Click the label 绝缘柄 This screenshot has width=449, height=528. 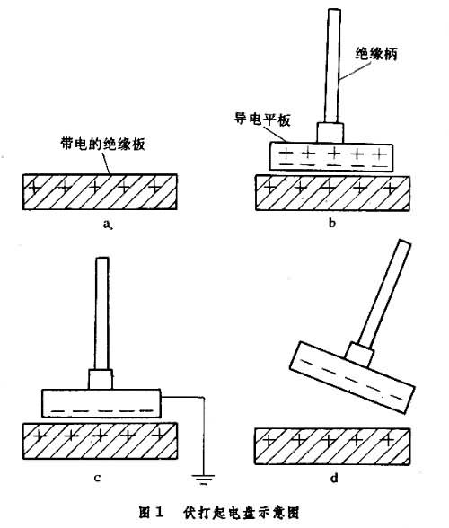[x=376, y=54]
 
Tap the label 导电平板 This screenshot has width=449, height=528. [x=262, y=119]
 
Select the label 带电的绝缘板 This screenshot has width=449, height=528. [x=102, y=144]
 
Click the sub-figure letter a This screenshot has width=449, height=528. [x=107, y=224]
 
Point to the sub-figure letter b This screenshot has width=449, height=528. [x=332, y=223]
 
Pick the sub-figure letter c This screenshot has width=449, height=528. [x=97, y=478]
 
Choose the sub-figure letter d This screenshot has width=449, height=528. [x=334, y=478]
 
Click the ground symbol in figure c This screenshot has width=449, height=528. [x=203, y=479]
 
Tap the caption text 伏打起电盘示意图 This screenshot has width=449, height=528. [x=242, y=513]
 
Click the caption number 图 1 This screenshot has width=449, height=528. [x=151, y=513]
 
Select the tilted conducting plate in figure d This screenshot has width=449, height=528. [x=352, y=377]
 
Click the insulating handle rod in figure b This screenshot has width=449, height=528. [x=332, y=66]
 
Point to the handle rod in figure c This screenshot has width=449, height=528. [x=101, y=314]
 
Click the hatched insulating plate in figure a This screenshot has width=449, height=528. [x=100, y=192]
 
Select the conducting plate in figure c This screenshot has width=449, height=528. [x=101, y=403]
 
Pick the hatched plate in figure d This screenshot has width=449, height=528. [x=332, y=446]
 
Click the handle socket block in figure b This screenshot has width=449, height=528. [x=330, y=133]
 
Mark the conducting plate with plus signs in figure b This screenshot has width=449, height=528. [x=331, y=157]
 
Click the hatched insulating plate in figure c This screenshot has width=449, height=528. [x=100, y=441]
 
